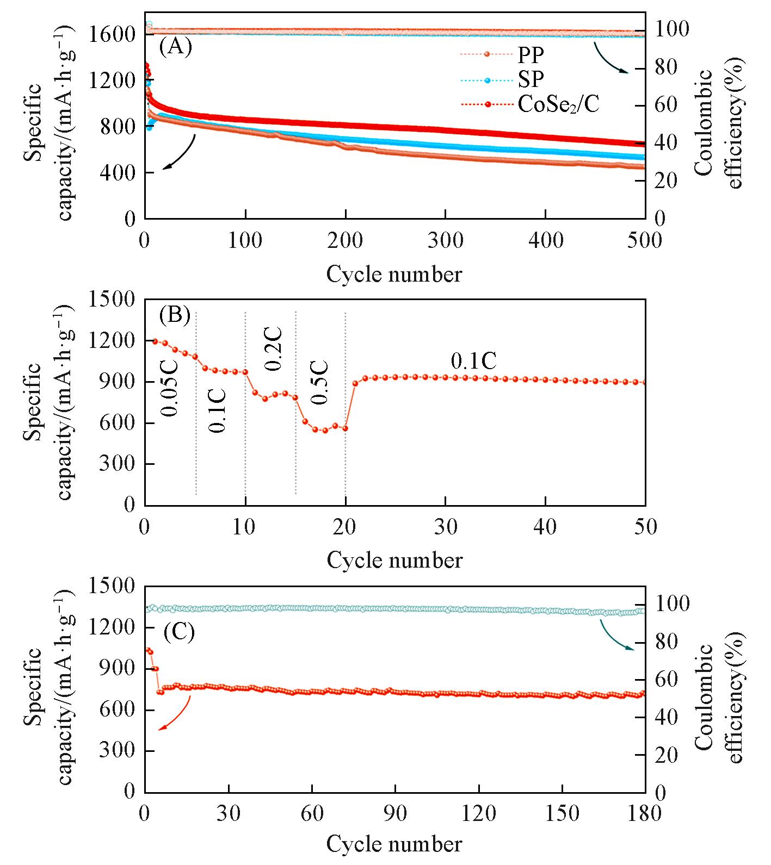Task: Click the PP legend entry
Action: coord(531,55)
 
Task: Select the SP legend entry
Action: coord(531,79)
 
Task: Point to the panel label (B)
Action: coord(175,315)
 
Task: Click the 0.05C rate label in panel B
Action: coord(170,387)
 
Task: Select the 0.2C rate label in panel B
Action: coord(273,349)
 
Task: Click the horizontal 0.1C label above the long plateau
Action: coord(473,360)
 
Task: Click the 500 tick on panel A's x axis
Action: coord(644,240)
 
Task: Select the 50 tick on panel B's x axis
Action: coord(645,526)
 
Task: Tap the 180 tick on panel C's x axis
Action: coord(645,813)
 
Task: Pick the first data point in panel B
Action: coord(155,341)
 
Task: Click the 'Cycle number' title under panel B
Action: coord(394,560)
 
